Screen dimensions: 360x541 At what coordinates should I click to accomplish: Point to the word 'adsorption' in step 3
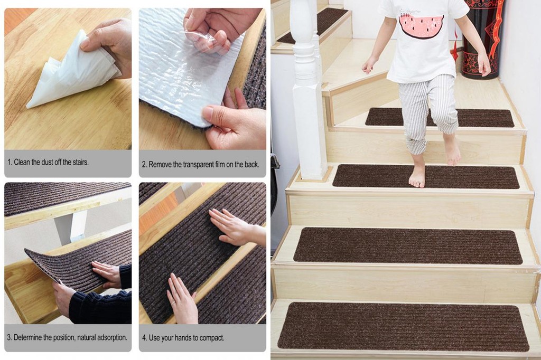tap(110, 337)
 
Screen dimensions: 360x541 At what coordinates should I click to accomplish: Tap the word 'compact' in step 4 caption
tap(212, 338)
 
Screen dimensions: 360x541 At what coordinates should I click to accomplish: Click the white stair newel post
tap(306, 90)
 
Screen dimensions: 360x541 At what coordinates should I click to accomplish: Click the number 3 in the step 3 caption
tap(9, 337)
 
